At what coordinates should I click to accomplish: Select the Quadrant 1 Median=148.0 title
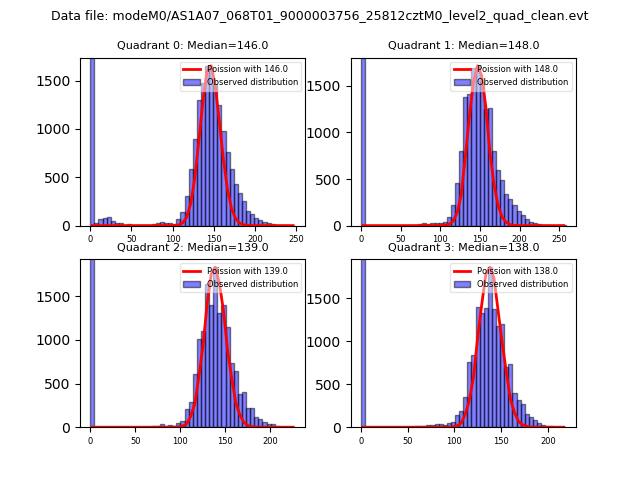(463, 46)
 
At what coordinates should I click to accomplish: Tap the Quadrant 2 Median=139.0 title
(192, 248)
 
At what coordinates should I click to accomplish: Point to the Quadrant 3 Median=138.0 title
(463, 248)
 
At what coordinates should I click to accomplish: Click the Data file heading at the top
(320, 16)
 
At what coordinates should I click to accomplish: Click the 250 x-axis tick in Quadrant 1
(558, 239)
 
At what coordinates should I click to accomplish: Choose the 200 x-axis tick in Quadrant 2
(270, 440)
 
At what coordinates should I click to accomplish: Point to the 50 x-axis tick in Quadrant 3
(407, 440)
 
